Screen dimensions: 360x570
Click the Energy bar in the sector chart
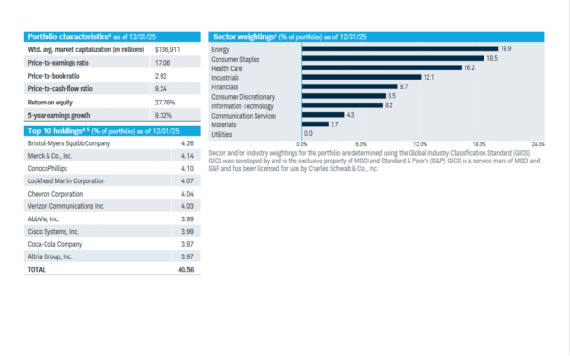[x=400, y=48]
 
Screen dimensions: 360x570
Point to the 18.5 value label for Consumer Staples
[x=492, y=58]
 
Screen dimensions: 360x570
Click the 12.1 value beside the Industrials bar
[x=428, y=77]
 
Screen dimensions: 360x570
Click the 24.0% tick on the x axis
[x=539, y=144]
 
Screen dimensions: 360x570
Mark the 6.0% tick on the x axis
[x=361, y=144]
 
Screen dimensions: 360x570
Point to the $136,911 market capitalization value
[x=167, y=48]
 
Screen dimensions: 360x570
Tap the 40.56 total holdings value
[x=186, y=270]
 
